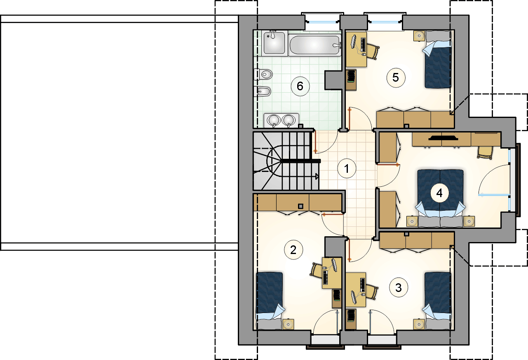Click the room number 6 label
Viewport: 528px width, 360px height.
(300, 86)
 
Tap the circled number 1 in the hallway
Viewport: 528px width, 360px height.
(347, 169)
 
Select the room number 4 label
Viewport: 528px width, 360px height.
(439, 193)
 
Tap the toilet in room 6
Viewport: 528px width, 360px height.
(263, 75)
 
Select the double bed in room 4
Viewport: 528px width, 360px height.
(440, 198)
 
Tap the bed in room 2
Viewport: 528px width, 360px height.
(270, 301)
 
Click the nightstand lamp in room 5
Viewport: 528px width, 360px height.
(419, 36)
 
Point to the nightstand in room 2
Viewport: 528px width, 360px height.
(288, 325)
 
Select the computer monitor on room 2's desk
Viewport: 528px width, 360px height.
(334, 265)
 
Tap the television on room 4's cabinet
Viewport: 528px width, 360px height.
(443, 138)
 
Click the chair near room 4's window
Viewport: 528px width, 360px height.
(485, 153)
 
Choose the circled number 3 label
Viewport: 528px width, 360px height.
(398, 287)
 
